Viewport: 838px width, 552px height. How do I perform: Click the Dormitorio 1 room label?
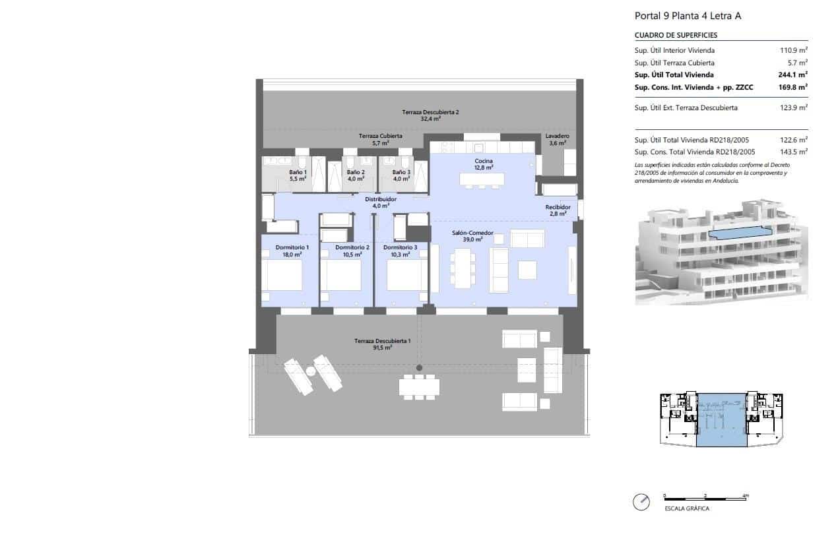coord(288,251)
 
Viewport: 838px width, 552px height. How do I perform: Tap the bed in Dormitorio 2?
coord(340,275)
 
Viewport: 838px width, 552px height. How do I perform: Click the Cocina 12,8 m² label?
coord(483,164)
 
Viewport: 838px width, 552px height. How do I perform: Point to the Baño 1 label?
coord(298,175)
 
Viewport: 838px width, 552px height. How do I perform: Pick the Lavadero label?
coord(557,139)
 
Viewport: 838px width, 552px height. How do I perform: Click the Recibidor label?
coord(557,210)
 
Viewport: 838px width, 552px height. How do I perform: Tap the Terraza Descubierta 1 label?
coord(382,344)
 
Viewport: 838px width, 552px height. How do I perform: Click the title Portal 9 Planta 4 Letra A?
coord(688,16)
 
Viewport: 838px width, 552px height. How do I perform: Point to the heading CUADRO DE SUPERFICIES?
coord(676,36)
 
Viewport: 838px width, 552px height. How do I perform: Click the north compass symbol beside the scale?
coord(641,502)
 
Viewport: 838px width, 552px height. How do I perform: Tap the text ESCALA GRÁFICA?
coord(687,508)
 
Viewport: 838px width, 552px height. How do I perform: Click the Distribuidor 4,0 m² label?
coord(381,202)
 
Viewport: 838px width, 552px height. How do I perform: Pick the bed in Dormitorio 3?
coord(407,275)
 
